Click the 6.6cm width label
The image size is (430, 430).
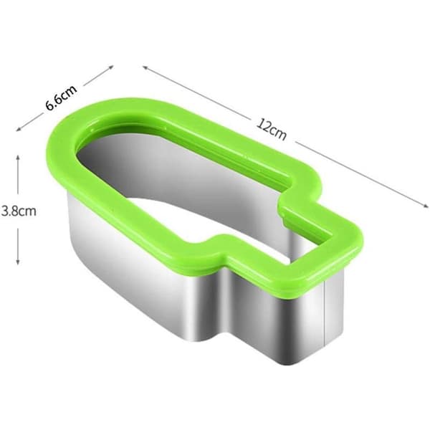[61, 97]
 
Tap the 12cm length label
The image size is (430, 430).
[272, 130]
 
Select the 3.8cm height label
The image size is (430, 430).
[19, 211]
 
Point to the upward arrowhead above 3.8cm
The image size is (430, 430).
[18, 158]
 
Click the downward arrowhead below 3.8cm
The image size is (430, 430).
[18, 262]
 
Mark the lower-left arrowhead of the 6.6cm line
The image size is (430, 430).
[19, 129]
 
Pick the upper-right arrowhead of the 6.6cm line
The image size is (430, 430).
[110, 67]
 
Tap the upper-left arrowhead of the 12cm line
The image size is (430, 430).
[145, 67]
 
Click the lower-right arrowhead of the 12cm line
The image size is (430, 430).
[426, 206]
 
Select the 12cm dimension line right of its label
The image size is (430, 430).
[362, 174]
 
